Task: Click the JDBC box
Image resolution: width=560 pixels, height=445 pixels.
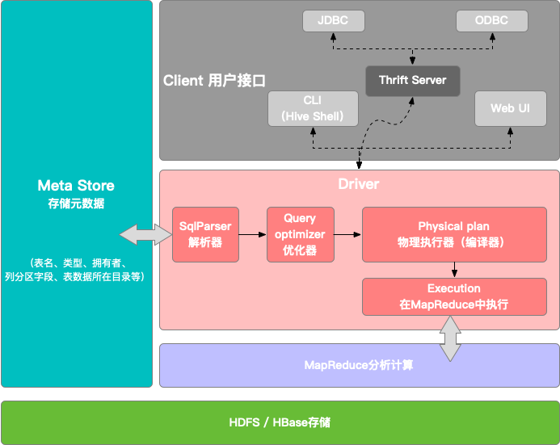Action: pyautogui.click(x=332, y=21)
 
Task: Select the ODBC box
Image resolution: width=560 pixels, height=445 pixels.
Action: pyautogui.click(x=491, y=21)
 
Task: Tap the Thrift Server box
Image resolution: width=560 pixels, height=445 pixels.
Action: pyautogui.click(x=412, y=81)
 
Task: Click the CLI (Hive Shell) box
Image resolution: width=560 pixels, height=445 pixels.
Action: pyautogui.click(x=313, y=108)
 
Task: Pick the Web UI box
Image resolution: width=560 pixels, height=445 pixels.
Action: pyautogui.click(x=511, y=108)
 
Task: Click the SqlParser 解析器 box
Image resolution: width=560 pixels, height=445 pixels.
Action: pyautogui.click(x=205, y=234)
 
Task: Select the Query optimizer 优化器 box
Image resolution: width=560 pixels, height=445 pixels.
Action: pyautogui.click(x=300, y=234)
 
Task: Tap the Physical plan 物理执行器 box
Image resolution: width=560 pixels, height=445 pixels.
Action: pyautogui.click(x=453, y=234)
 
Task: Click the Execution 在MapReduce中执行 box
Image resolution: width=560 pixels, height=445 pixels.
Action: pyautogui.click(x=453, y=296)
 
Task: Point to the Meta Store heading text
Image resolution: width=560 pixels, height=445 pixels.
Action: pyautogui.click(x=76, y=186)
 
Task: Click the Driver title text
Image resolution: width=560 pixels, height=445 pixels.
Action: pyautogui.click(x=359, y=185)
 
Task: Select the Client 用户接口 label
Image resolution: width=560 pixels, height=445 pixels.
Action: pyautogui.click(x=214, y=81)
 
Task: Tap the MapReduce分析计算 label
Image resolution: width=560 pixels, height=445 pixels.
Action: pyautogui.click(x=359, y=365)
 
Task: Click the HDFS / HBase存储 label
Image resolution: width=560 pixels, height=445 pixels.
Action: pyautogui.click(x=280, y=422)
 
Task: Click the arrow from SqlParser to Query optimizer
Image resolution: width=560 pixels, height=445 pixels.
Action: pyautogui.click(x=253, y=234)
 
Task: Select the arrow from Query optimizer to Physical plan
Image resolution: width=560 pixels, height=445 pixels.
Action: pyautogui.click(x=347, y=234)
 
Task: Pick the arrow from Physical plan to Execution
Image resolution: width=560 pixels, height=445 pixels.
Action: pyautogui.click(x=454, y=270)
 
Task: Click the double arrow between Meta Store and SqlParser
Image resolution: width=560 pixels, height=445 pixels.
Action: pyautogui.click(x=145, y=234)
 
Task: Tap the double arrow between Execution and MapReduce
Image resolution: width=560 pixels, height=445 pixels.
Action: pyautogui.click(x=450, y=338)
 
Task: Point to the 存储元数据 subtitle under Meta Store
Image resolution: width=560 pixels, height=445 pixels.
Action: pyautogui.click(x=76, y=204)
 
